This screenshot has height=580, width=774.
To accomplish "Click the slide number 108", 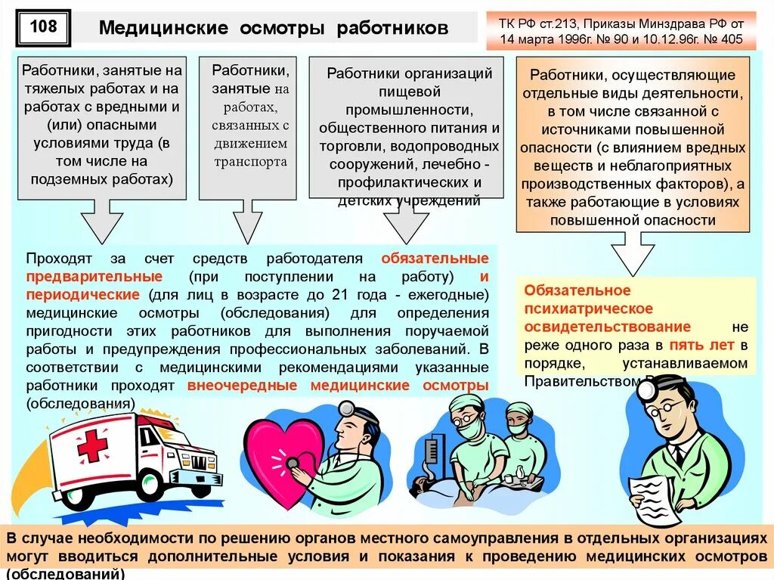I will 42,28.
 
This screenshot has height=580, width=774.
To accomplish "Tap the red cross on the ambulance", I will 92,446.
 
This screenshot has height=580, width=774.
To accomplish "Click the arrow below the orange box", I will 633,253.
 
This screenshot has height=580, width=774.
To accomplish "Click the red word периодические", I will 82,294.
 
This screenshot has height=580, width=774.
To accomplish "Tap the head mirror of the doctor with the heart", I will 348,408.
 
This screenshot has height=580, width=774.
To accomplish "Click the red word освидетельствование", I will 608,327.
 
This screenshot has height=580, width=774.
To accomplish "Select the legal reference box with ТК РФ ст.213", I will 621,31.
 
